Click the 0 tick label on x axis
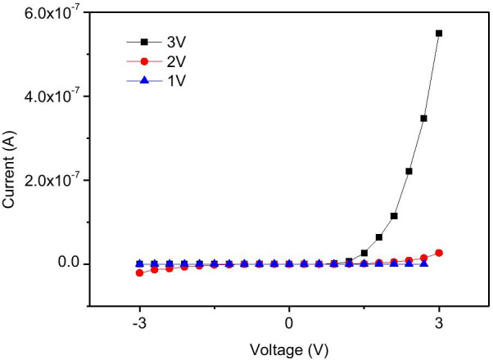click(x=289, y=322)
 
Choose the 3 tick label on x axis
click(x=439, y=322)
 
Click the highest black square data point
click(x=439, y=34)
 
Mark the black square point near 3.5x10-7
click(x=424, y=119)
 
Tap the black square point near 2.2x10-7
click(x=409, y=171)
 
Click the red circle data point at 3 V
click(x=439, y=253)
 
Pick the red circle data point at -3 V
click(x=139, y=272)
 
